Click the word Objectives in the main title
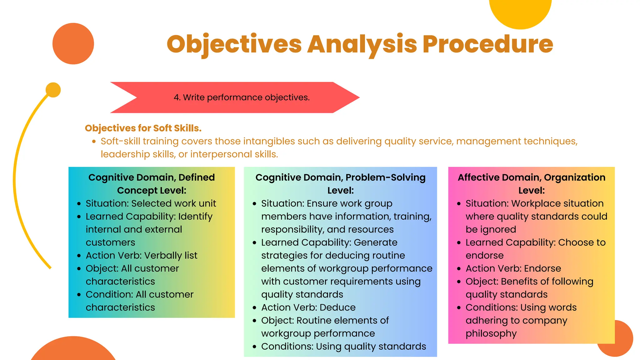coord(234,44)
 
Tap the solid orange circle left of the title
coord(73,44)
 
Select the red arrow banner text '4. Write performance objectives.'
coord(242,97)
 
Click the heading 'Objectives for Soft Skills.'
coord(143,128)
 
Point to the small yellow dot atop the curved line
coord(53,90)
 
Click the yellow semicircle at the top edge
coord(520,12)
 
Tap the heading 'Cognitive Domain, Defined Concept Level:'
coord(152,184)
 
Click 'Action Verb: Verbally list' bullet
coord(142,256)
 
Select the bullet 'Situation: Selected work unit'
coord(151,203)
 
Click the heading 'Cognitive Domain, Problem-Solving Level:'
coord(340,184)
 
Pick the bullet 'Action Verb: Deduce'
coord(308,307)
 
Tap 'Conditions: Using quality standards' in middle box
coord(343,347)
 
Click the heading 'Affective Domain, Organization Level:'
coord(531,184)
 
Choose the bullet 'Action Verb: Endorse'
coord(513,268)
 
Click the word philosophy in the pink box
coord(491,334)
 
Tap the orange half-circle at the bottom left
coord(73,350)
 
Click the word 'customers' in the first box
coord(110,242)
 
